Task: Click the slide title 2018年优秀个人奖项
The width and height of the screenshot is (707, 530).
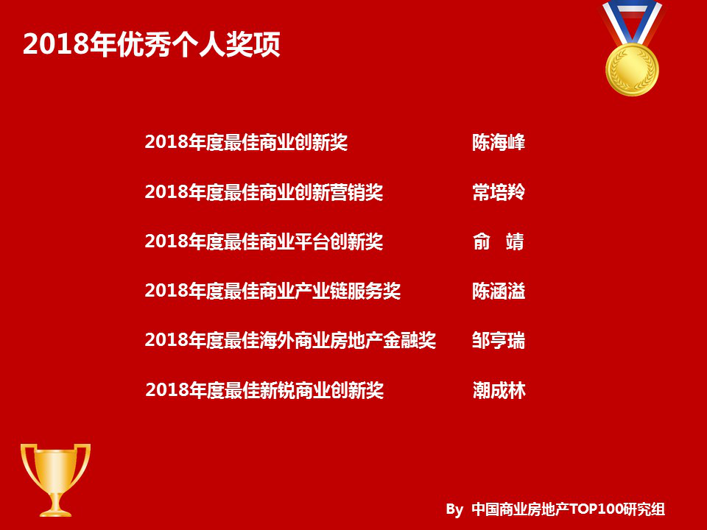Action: (151, 44)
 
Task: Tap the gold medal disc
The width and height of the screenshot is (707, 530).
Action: (632, 69)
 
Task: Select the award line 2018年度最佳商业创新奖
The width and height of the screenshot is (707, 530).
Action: (246, 143)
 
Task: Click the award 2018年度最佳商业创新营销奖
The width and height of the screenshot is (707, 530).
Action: (264, 192)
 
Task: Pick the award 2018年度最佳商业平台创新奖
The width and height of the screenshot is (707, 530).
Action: (264, 241)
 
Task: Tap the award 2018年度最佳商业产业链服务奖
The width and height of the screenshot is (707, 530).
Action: (272, 291)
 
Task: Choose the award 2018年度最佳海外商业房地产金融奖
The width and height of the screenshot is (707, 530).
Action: (290, 340)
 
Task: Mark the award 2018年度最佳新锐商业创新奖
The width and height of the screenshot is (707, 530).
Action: (264, 390)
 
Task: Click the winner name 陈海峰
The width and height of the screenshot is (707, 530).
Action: (499, 143)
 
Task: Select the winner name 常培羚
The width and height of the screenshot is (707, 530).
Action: (499, 192)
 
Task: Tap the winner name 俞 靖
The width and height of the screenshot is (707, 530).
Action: (499, 241)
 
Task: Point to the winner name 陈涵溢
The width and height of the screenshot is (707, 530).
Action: (499, 291)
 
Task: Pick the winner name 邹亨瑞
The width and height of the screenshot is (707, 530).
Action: (499, 340)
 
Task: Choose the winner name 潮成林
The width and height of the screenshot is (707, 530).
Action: (499, 390)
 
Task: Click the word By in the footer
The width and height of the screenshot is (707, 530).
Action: (454, 509)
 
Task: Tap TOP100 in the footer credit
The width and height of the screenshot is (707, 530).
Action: (597, 509)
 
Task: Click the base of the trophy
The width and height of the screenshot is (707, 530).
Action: (55, 509)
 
